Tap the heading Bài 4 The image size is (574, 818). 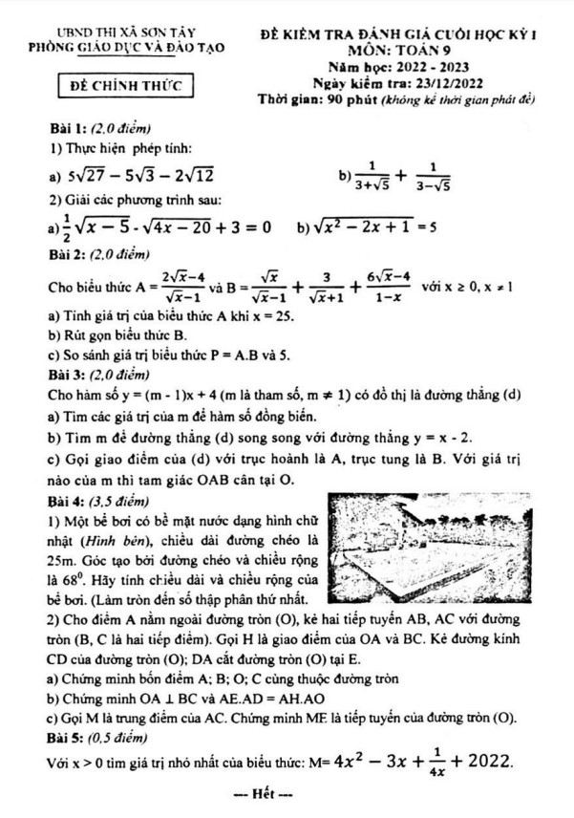[70, 498]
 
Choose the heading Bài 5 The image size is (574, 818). [70, 739]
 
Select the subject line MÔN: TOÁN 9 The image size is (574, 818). [399, 49]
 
